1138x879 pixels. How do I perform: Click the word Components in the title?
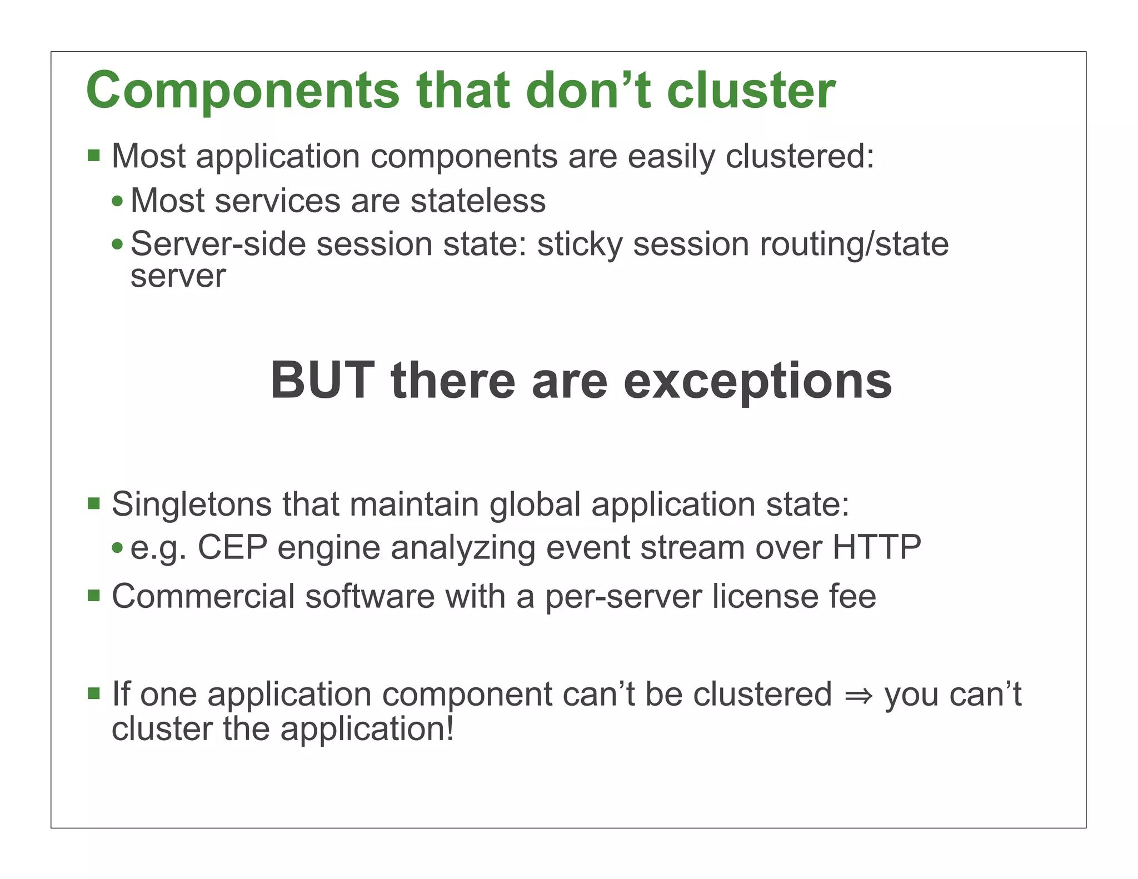point(242,91)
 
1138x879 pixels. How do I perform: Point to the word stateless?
point(478,201)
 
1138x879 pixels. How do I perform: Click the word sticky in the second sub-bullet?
point(580,245)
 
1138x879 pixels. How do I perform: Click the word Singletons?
point(192,505)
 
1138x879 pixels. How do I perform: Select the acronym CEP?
point(232,547)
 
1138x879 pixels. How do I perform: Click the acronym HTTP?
point(876,547)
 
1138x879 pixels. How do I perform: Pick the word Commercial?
point(203,596)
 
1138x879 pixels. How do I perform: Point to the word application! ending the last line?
point(367,729)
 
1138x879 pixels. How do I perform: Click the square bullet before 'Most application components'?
point(93,155)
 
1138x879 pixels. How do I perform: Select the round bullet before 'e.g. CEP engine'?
point(117,548)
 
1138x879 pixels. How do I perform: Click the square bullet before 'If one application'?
point(93,693)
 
